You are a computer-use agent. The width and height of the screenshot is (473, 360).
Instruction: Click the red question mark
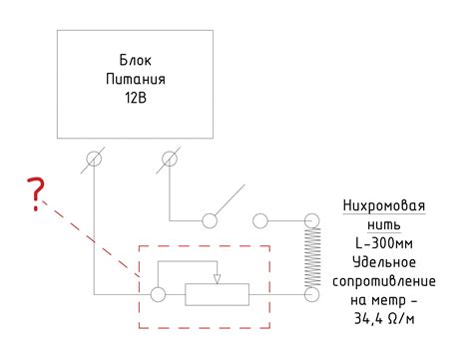[x=37, y=194]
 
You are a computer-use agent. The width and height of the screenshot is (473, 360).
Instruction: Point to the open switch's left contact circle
[x=211, y=219]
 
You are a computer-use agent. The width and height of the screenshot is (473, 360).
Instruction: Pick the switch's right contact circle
[x=260, y=219]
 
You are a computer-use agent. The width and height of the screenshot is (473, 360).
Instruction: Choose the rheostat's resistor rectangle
[x=217, y=294]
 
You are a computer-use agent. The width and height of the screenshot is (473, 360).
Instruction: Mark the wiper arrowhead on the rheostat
[x=217, y=278]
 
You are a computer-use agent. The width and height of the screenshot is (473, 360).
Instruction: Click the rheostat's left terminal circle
[x=157, y=294]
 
